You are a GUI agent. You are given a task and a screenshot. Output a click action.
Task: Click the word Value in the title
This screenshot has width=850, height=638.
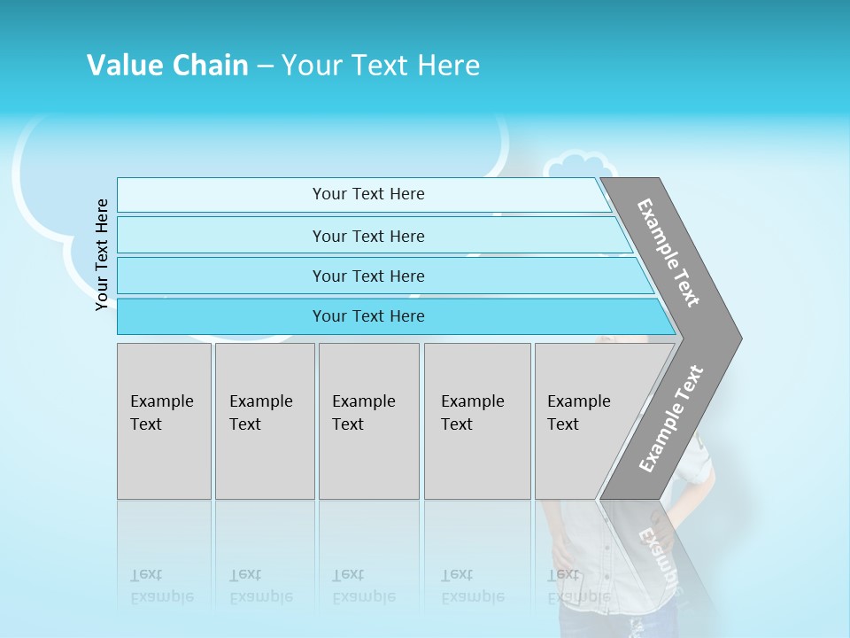[x=123, y=66]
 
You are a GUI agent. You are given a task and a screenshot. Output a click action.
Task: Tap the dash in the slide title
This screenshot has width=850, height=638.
[x=265, y=66]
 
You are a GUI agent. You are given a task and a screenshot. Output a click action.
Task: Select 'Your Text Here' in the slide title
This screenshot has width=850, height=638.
[x=381, y=66]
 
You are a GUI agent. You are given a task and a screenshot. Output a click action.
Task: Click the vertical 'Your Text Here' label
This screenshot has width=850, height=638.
[x=102, y=254]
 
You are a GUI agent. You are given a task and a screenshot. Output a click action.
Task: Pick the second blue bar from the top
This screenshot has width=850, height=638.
[x=367, y=236]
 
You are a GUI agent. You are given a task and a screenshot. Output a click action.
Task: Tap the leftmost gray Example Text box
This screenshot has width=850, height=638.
[x=164, y=421]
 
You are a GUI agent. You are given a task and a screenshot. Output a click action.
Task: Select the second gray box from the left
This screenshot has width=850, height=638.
[x=265, y=421]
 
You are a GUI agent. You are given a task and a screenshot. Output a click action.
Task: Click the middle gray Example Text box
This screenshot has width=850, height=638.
[x=368, y=421]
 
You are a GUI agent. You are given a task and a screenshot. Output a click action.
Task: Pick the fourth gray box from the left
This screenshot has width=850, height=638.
[x=477, y=421]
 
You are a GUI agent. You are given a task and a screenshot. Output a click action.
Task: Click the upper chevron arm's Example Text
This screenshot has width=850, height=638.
[x=668, y=253]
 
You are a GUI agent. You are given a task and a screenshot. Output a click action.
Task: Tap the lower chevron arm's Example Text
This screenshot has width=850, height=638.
[x=671, y=418]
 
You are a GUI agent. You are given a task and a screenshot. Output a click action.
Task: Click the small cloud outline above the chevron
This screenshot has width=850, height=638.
[x=580, y=168]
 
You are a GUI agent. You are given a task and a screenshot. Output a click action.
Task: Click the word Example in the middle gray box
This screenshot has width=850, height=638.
[x=363, y=401]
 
